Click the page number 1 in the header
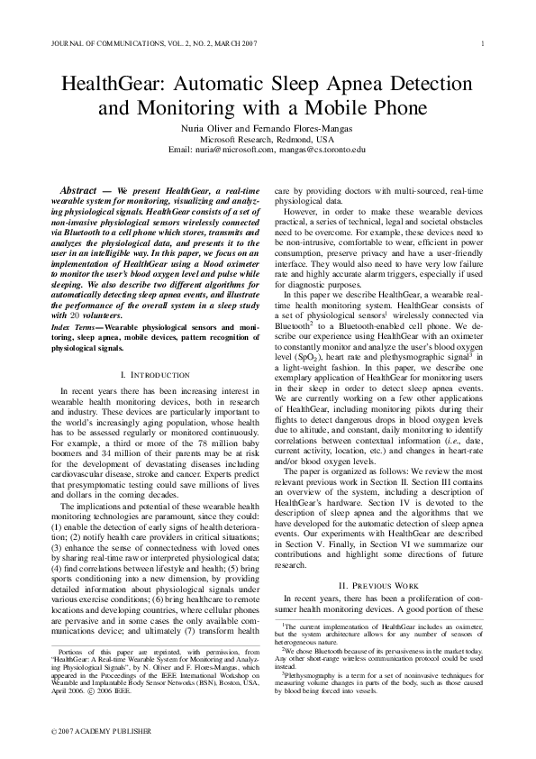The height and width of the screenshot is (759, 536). point(484,43)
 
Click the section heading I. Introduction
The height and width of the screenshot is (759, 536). point(154,373)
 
